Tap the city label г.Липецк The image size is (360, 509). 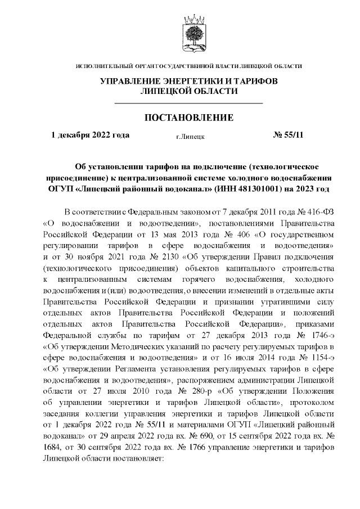190,136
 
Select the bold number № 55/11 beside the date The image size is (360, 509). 287,135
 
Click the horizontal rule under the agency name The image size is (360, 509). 188,103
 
